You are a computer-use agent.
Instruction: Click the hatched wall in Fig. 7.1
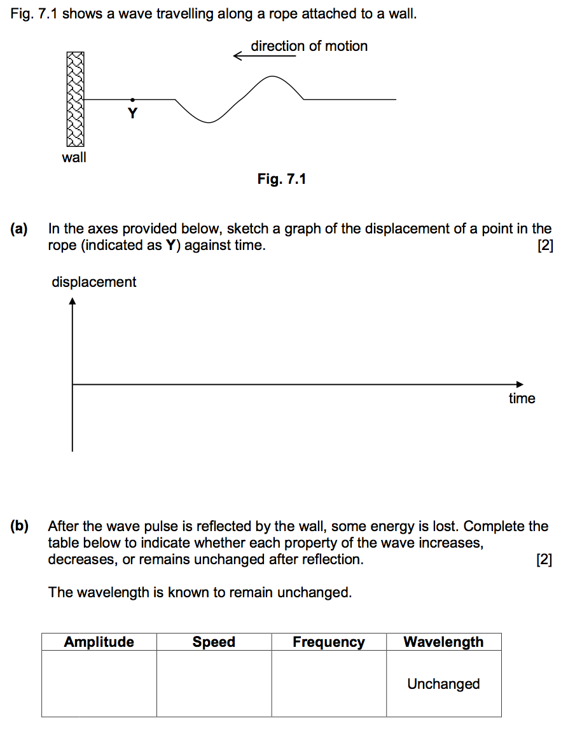click(74, 99)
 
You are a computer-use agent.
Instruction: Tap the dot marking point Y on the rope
click(132, 99)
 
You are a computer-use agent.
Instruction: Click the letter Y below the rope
click(132, 114)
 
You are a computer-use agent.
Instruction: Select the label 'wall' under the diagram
click(74, 157)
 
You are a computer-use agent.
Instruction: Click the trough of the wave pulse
click(209, 121)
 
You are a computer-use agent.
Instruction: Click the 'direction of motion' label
click(309, 46)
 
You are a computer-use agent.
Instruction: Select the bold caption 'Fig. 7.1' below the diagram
click(282, 179)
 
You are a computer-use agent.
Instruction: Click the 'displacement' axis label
click(94, 282)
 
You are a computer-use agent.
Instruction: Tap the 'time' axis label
click(522, 399)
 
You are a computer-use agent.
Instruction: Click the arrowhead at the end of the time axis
click(520, 384)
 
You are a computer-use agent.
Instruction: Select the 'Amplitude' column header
click(99, 642)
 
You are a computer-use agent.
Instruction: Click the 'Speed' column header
click(214, 642)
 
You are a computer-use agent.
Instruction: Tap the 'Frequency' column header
click(329, 642)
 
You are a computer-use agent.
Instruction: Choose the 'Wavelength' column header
click(443, 642)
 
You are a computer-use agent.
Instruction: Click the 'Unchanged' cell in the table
click(443, 684)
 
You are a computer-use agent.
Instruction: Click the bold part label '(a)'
click(20, 229)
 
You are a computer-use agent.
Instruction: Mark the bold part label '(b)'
click(20, 527)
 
